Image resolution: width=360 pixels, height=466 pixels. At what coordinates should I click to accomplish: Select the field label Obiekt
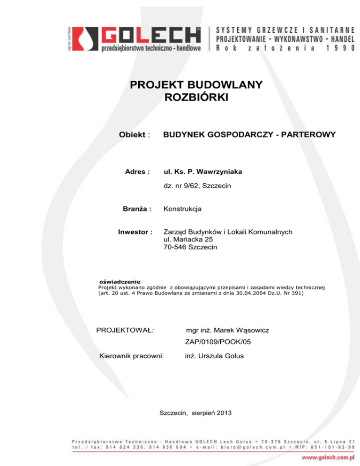pos(134,135)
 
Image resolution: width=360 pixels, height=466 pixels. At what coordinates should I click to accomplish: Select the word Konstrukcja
pos(182,209)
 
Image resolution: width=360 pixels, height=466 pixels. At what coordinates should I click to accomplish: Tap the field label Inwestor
pos(136,232)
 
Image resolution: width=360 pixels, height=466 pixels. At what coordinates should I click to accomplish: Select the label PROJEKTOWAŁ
pos(125,331)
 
